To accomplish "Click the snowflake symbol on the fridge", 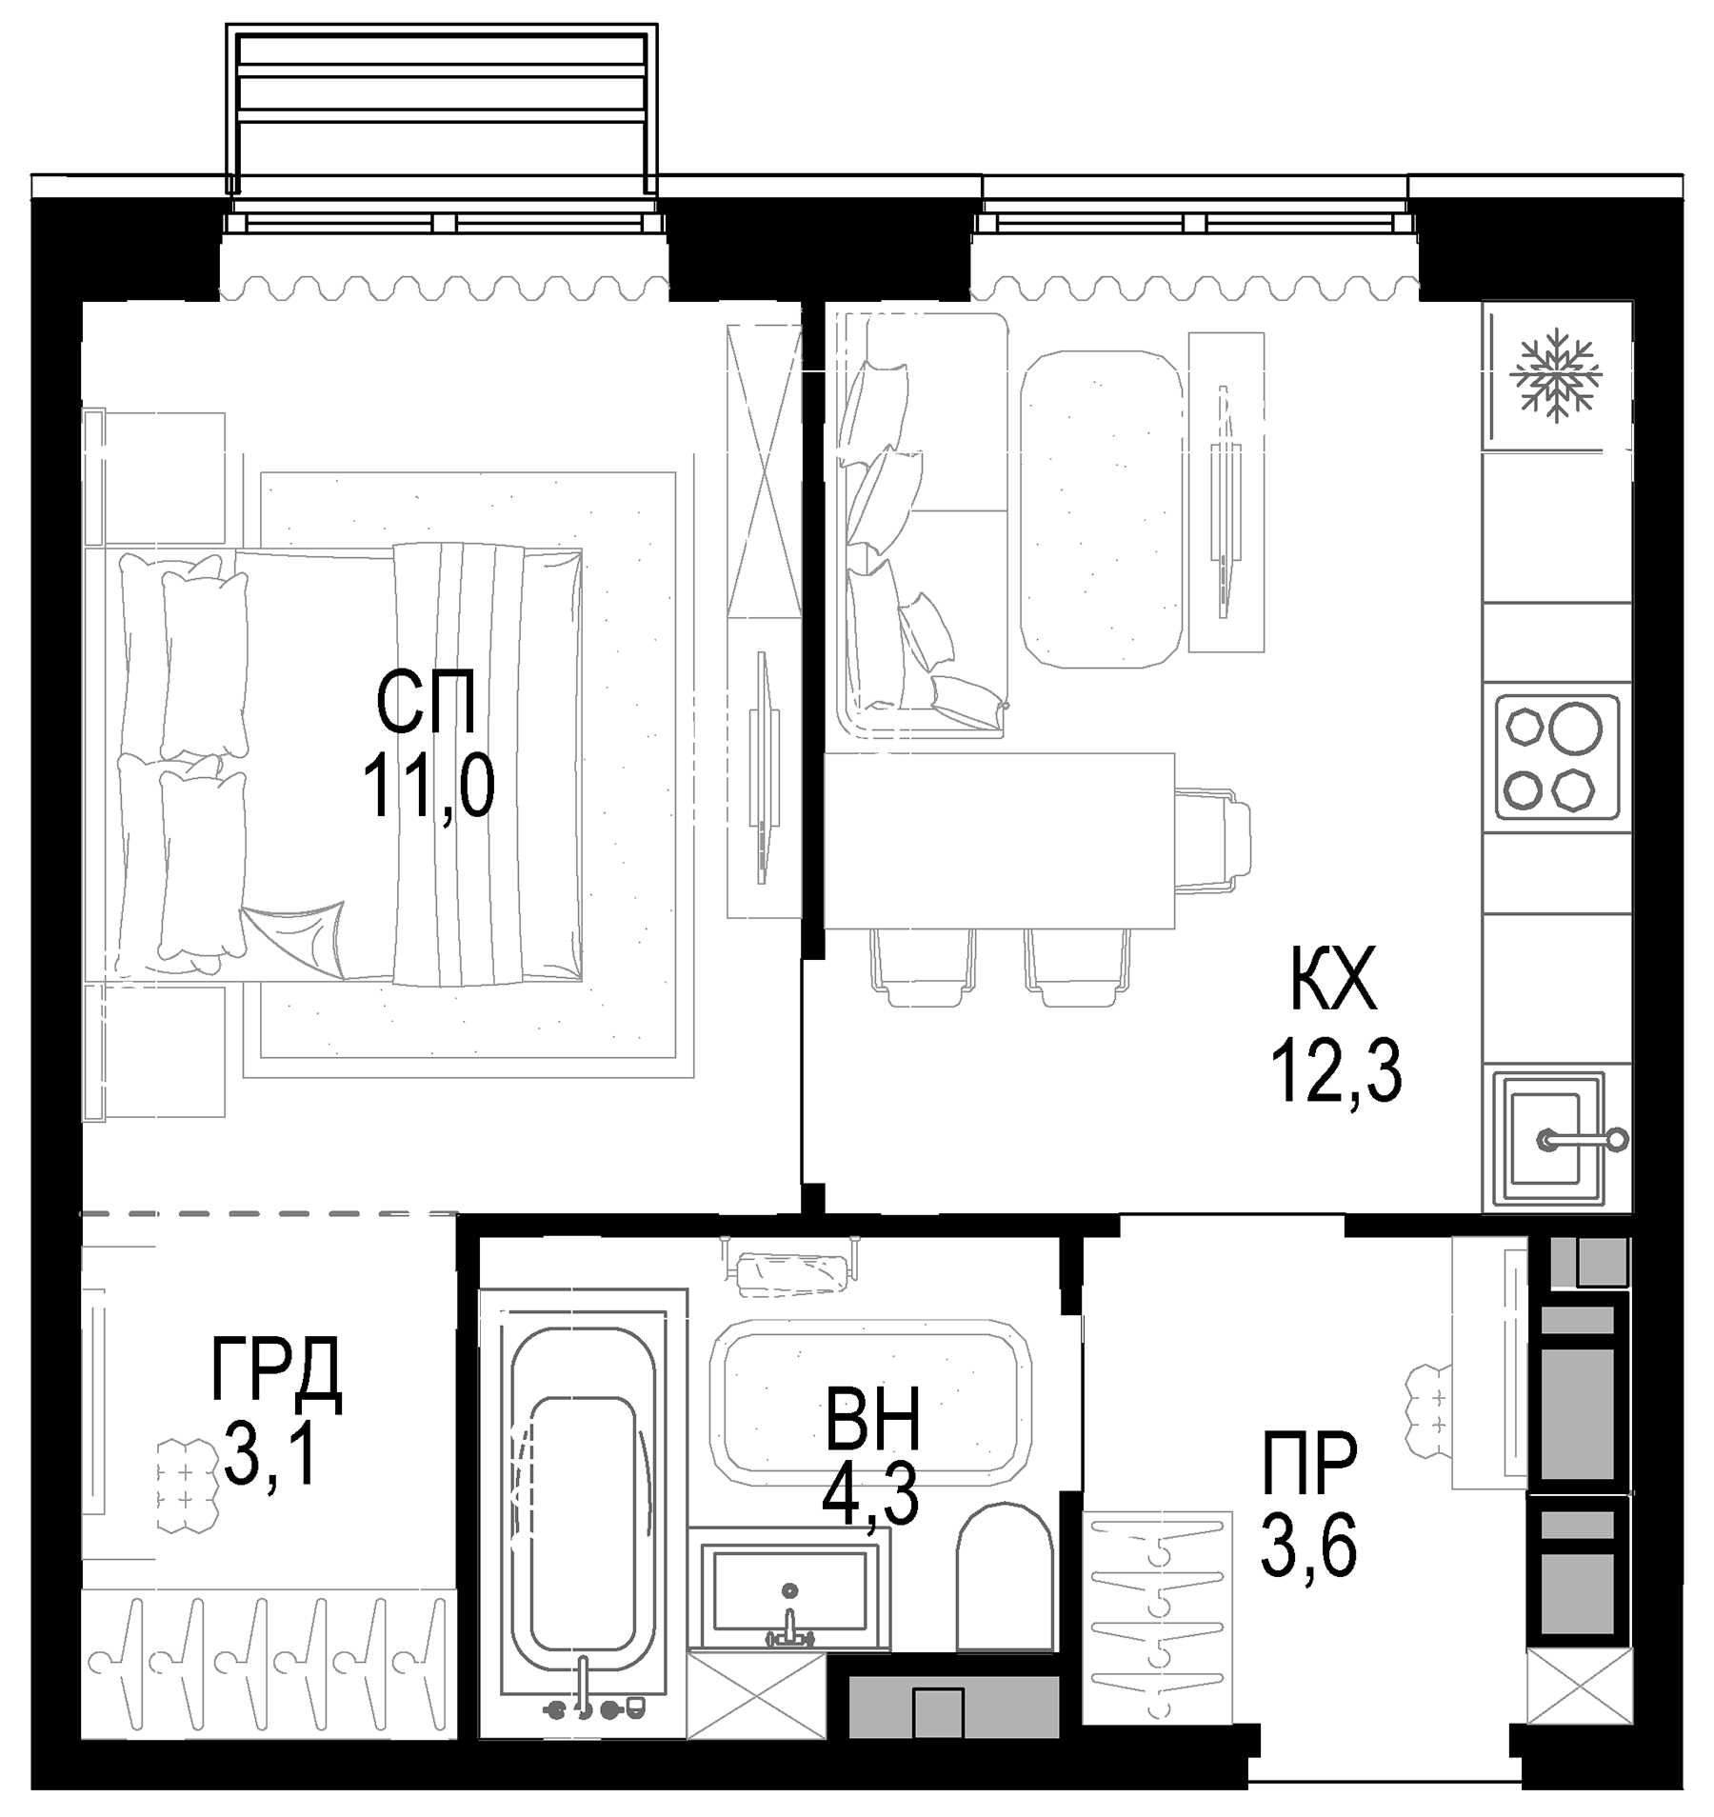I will (x=1557, y=375).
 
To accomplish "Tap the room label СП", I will (x=425, y=702).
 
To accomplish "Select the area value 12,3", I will (x=1336, y=1070).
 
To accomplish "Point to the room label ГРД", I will (x=275, y=1369).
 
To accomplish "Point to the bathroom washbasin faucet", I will (x=789, y=1627).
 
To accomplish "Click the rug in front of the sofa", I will (x=1102, y=509).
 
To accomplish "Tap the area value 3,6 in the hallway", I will (x=1308, y=1547).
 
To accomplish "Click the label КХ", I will (x=1333, y=981).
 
